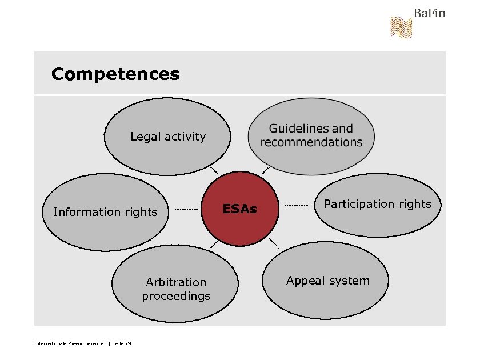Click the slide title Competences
115,74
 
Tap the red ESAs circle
240,209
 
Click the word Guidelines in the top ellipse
291,129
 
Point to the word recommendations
311,142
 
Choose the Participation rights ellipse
378,205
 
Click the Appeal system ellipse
327,281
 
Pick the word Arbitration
176,282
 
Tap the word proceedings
176,296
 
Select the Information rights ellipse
105,212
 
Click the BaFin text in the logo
429,13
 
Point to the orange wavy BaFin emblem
401,27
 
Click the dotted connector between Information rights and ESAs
186,210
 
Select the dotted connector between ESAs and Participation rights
296,205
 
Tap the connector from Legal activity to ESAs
214,170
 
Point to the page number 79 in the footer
128,343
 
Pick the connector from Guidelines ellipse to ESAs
266,170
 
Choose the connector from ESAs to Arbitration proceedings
214,245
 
